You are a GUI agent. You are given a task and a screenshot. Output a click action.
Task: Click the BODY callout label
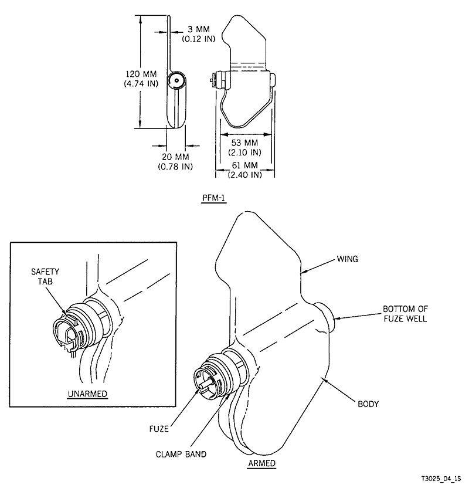[369, 404]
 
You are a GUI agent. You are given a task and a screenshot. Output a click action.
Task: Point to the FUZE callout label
[159, 428]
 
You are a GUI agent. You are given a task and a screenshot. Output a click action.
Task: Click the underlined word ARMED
[261, 463]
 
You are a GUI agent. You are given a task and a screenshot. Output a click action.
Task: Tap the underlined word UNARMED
[87, 394]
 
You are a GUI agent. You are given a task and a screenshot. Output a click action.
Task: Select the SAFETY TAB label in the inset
[46, 278]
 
